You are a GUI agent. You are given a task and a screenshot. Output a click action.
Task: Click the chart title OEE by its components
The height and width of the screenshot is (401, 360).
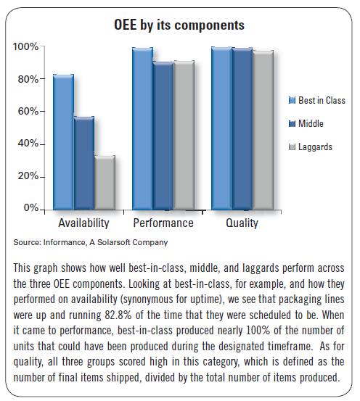[x=179, y=25]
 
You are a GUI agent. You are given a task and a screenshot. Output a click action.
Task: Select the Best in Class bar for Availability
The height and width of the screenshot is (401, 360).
[x=63, y=142]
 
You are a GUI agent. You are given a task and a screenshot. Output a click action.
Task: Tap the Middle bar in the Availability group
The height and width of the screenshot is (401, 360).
[x=84, y=163]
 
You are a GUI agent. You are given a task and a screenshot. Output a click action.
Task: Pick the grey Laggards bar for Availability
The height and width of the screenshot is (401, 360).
[x=105, y=183]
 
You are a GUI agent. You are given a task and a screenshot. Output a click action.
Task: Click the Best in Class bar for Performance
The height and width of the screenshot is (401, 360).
[x=142, y=128]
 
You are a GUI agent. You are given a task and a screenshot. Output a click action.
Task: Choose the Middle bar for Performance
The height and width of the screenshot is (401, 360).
[x=163, y=136]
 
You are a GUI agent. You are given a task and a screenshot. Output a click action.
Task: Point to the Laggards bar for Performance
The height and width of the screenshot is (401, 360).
[x=184, y=136]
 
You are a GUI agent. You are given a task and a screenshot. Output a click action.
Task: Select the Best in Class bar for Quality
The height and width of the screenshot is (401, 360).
[x=222, y=128]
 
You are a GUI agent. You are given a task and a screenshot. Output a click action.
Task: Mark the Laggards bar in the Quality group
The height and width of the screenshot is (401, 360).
[x=263, y=131]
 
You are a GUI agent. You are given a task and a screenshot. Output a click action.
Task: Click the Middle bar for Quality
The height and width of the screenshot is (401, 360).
[x=242, y=128]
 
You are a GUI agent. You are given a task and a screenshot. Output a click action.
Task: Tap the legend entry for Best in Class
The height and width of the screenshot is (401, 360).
[x=317, y=100]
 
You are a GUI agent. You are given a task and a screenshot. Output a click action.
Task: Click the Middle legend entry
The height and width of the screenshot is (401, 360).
[x=306, y=123]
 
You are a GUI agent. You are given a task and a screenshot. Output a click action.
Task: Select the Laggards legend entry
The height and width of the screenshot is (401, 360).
[x=311, y=146]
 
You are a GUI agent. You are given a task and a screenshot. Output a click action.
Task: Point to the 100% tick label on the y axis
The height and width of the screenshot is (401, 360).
[x=25, y=47]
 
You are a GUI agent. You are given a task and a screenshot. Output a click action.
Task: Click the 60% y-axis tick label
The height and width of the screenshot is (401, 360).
[x=28, y=112]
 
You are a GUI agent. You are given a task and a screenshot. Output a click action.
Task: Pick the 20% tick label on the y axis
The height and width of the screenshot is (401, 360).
[x=28, y=176]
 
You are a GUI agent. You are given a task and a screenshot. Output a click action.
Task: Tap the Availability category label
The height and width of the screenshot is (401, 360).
[x=83, y=223]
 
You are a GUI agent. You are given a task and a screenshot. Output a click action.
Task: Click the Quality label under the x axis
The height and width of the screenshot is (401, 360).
[x=242, y=223]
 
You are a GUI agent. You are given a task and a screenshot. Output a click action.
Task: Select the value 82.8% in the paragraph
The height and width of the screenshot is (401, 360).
[x=118, y=315]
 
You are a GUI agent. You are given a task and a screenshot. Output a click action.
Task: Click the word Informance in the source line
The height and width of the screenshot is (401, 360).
[x=65, y=242]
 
